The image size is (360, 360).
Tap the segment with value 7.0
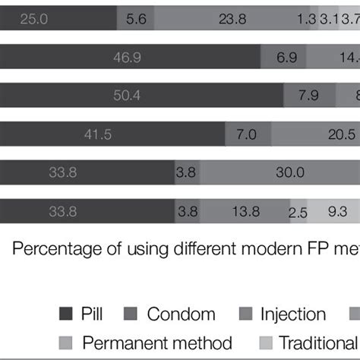248,134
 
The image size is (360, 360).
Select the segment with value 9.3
335,212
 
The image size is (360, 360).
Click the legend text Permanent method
156,343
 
